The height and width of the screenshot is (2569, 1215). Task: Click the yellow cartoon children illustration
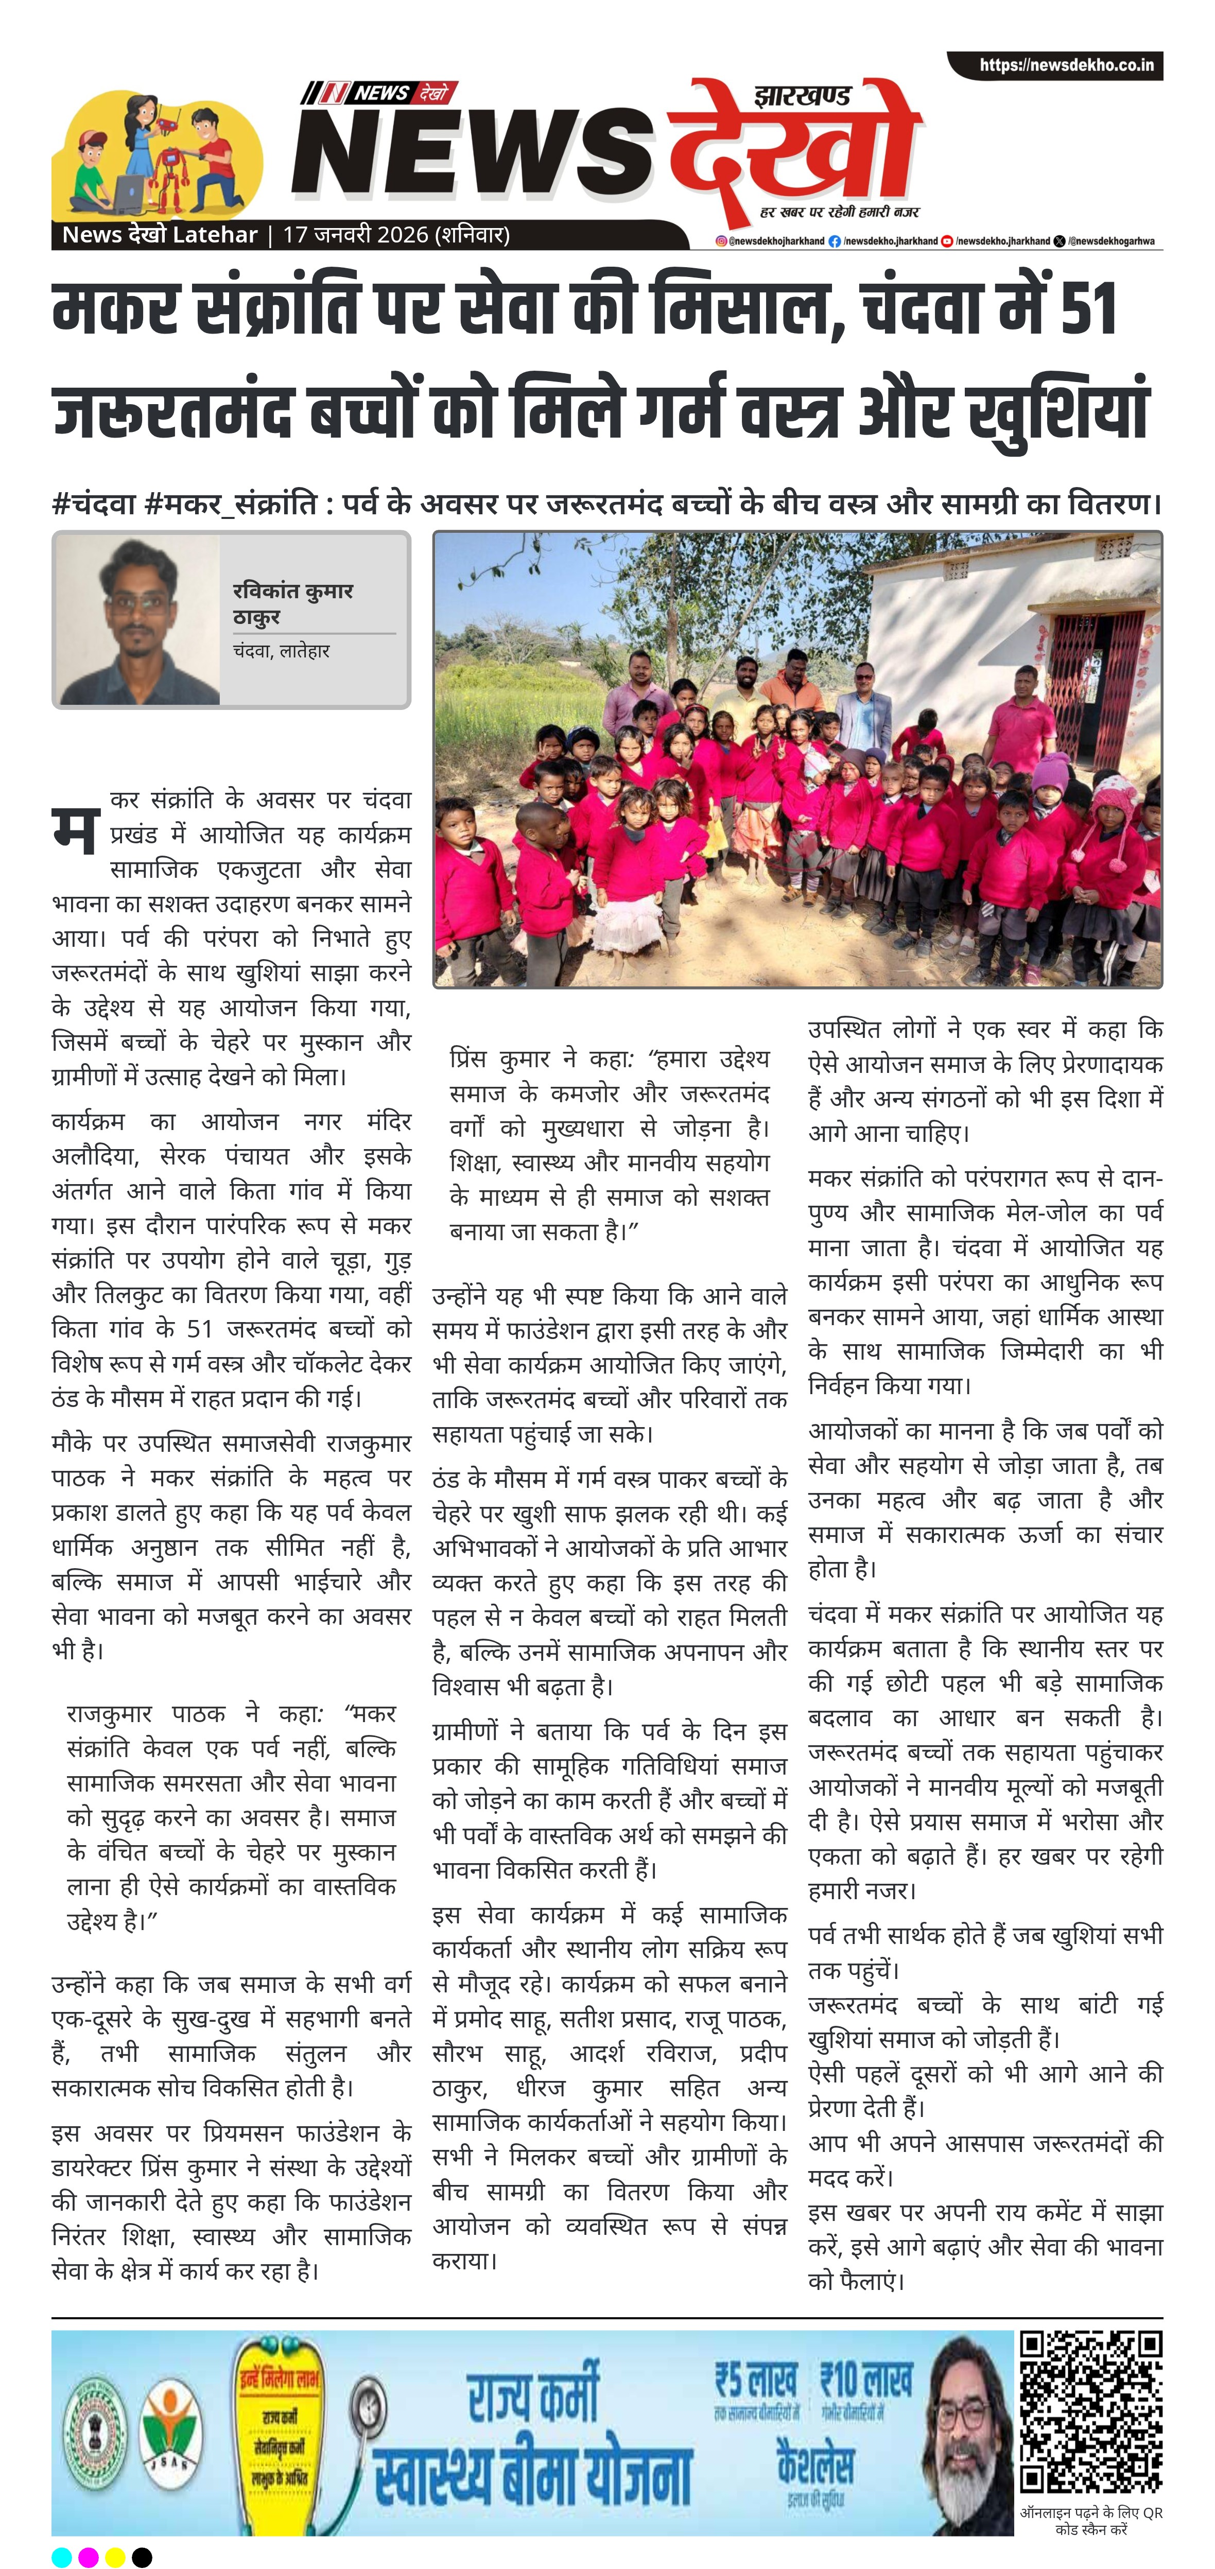158,154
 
